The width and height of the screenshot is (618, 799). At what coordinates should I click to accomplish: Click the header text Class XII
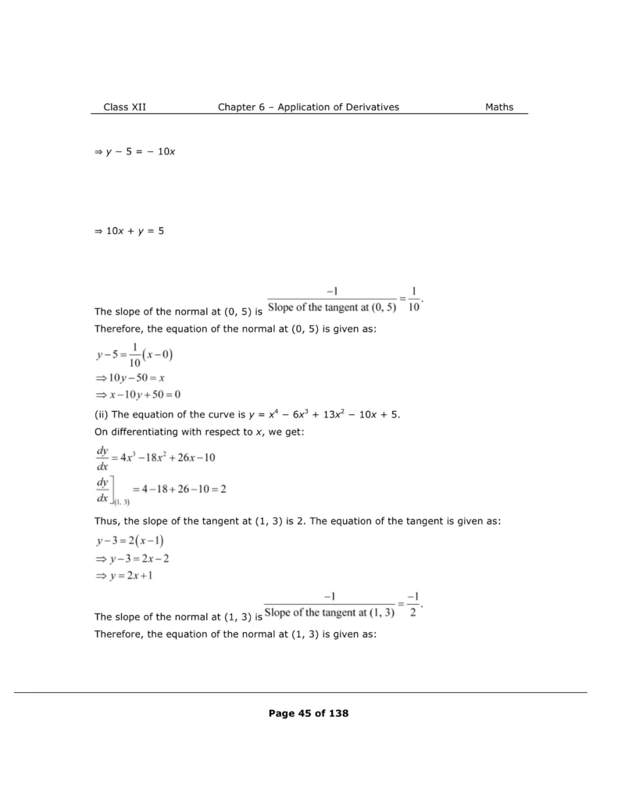coord(124,107)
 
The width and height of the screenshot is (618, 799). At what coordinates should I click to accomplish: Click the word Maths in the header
coord(499,107)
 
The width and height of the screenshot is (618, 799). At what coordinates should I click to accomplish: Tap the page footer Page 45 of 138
coord(308,713)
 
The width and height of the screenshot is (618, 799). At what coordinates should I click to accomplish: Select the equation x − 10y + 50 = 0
coord(137,395)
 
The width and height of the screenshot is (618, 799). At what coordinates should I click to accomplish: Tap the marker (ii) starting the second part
coord(101,414)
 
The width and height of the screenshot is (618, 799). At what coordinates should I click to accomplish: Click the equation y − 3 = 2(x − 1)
coord(130,542)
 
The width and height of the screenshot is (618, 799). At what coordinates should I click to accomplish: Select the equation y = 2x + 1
coord(134,576)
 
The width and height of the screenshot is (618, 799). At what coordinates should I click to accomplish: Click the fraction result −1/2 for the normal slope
coord(414,605)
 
